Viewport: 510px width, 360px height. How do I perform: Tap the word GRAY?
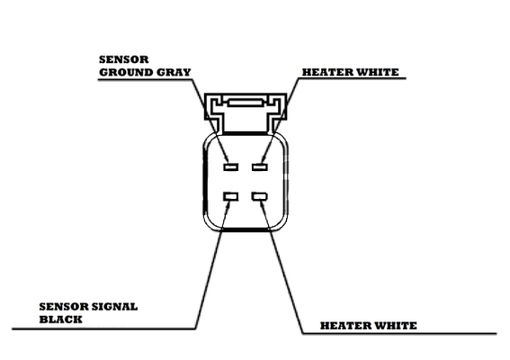tap(174, 72)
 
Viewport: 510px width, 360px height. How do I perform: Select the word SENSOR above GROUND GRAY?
tap(124, 59)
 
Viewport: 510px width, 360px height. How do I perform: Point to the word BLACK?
tap(61, 319)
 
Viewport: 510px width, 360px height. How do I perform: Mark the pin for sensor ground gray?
tap(230, 167)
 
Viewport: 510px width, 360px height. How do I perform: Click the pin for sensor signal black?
tap(230, 196)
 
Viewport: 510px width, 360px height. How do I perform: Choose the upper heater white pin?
tap(260, 167)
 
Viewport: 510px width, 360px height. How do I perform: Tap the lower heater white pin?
tap(260, 196)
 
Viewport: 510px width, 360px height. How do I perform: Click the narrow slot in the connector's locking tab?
tap(246, 103)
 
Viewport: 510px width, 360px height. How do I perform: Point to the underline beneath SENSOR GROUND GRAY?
tap(145, 79)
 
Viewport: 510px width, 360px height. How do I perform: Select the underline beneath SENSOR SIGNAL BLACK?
tap(104, 328)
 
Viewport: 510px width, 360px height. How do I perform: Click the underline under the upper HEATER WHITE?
tap(352, 78)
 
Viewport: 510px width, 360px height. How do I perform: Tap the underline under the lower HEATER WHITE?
tap(399, 333)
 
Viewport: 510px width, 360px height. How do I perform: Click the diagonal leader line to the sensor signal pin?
tap(212, 265)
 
